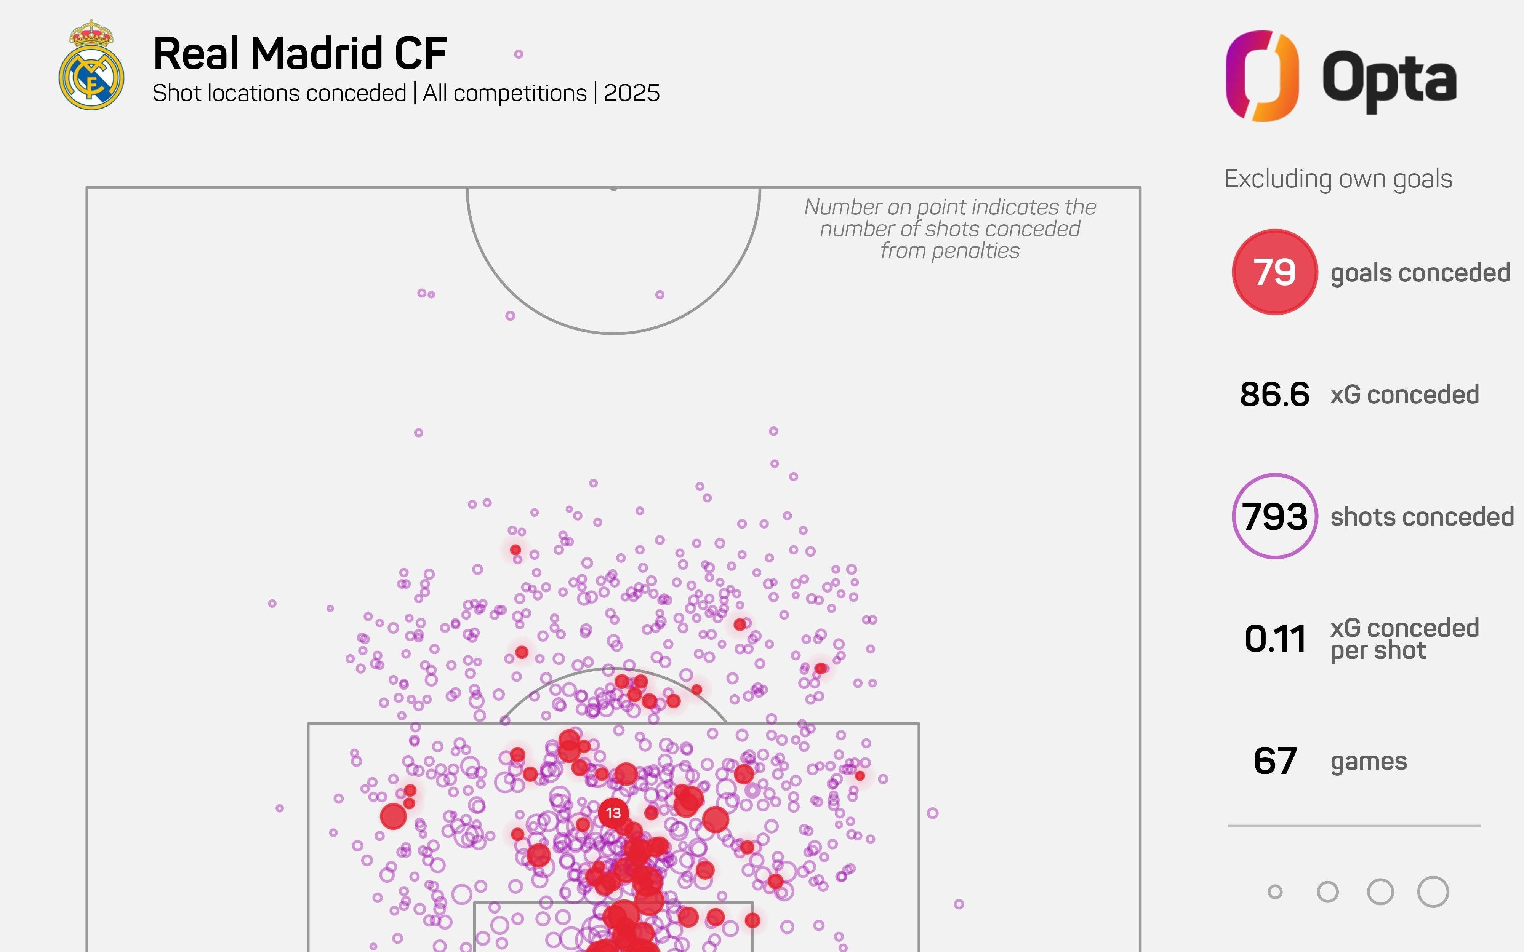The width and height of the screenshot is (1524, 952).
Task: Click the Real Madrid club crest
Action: click(x=91, y=65)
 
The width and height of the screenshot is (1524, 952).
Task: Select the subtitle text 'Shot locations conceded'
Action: click(x=279, y=93)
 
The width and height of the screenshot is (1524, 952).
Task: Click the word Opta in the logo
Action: click(x=1389, y=81)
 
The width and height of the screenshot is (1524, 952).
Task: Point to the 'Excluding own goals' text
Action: click(x=1338, y=179)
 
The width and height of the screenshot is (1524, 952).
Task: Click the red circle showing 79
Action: click(x=1274, y=272)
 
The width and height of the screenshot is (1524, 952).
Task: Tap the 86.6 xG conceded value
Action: click(x=1274, y=395)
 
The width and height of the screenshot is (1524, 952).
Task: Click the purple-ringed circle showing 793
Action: click(x=1274, y=516)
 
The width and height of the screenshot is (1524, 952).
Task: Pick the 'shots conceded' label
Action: click(x=1422, y=517)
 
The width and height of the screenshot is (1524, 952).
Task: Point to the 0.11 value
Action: click(x=1274, y=639)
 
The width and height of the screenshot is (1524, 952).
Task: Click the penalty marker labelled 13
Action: click(x=613, y=813)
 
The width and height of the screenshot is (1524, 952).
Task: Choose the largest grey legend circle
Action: click(x=1433, y=891)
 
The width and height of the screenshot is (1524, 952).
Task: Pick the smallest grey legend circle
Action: click(x=1274, y=891)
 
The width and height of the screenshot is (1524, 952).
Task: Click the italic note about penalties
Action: click(x=950, y=228)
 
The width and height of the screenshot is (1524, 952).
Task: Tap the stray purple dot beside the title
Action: click(x=518, y=54)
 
